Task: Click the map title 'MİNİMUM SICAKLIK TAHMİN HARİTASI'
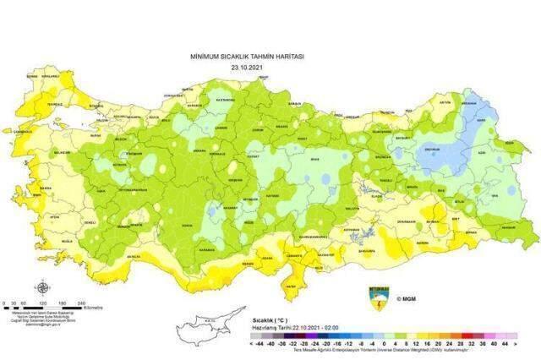point(247,56)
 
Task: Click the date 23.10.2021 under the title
point(247,67)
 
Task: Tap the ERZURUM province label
point(456,150)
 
